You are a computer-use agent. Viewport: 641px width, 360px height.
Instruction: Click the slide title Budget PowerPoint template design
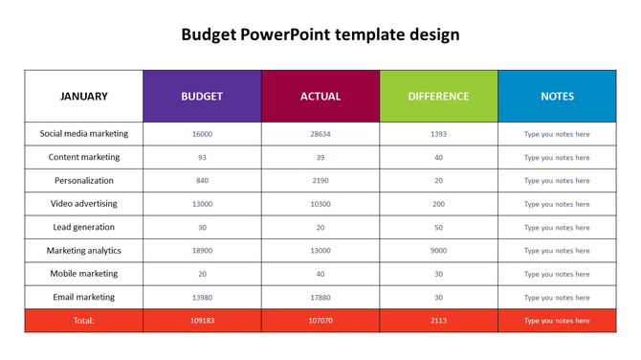tap(320, 35)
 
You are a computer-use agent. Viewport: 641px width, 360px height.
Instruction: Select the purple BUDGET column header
tap(202, 96)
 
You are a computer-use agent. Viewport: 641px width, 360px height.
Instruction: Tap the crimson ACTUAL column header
tap(320, 96)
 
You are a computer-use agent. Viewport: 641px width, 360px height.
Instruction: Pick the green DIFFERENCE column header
tap(439, 96)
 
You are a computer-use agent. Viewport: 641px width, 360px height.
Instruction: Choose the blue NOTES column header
tap(557, 96)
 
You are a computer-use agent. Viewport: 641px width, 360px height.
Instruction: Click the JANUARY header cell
tap(84, 96)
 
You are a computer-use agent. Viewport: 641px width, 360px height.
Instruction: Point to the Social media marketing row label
tap(84, 134)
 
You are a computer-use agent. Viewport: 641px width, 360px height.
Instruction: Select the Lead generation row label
tap(84, 227)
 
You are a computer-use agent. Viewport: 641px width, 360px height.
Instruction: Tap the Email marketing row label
tap(84, 297)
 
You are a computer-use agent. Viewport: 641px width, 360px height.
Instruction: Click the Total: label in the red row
tap(84, 321)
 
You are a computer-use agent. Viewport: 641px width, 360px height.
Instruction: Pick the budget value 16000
tap(202, 134)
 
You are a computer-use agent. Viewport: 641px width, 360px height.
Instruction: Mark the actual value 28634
tap(320, 134)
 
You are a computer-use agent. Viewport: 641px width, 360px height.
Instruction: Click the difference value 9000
tap(439, 251)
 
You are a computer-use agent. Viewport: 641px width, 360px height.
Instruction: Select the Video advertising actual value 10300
tap(320, 204)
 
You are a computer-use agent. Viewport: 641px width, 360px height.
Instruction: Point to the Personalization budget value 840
tap(202, 181)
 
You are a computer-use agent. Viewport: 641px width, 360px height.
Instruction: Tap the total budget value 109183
tap(202, 321)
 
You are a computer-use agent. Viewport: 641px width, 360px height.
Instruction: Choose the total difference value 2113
tap(439, 321)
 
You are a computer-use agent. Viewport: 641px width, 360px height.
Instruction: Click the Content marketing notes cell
tap(557, 157)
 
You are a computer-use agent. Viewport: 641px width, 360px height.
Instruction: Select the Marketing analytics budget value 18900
tap(202, 251)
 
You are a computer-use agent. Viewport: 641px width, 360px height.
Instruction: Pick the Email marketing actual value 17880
tap(320, 297)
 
